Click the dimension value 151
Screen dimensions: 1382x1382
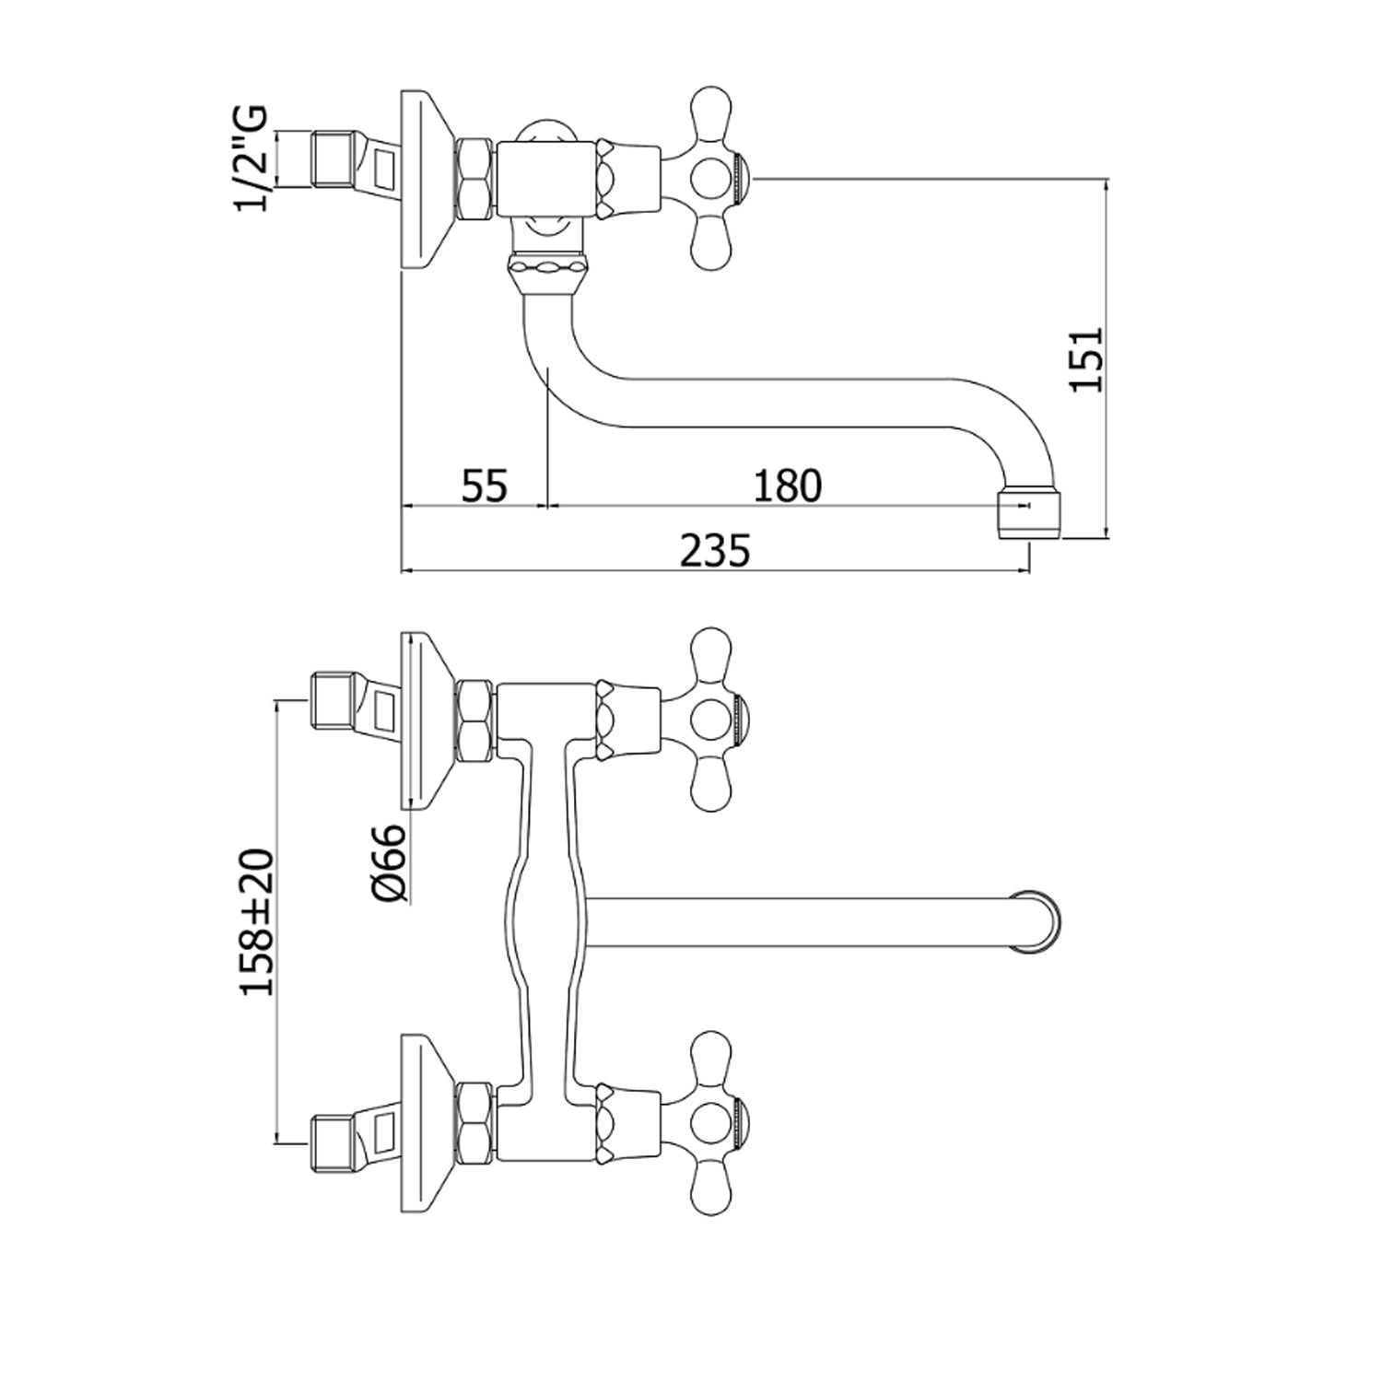click(1086, 359)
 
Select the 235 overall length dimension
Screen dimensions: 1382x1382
click(715, 551)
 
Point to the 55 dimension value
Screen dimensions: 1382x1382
click(485, 486)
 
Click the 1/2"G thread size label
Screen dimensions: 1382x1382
click(252, 158)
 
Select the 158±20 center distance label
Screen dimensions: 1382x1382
click(257, 921)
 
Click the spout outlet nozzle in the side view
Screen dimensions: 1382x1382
click(1030, 514)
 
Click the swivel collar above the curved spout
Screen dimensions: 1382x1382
click(548, 274)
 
